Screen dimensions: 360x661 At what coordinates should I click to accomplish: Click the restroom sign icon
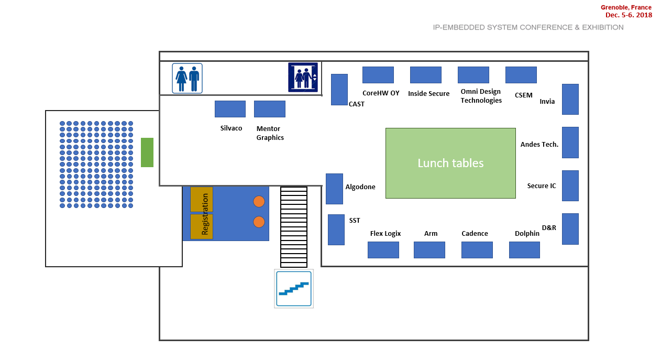pyautogui.click(x=188, y=78)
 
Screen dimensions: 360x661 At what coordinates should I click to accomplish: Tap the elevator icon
pyautogui.click(x=303, y=77)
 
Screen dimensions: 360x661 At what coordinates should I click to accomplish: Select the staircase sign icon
pyautogui.click(x=294, y=288)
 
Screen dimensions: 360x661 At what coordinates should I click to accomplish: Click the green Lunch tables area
pyautogui.click(x=450, y=163)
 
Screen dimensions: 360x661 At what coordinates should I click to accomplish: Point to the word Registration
pyautogui.click(x=205, y=214)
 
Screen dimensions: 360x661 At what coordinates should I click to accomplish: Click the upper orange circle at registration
pyautogui.click(x=259, y=202)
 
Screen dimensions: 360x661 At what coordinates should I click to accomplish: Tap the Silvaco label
pyautogui.click(x=231, y=128)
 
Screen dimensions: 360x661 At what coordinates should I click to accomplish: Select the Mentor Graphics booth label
pyautogui.click(x=270, y=133)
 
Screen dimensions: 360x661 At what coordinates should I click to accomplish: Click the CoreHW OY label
pyautogui.click(x=381, y=93)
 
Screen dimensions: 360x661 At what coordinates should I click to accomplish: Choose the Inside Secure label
pyautogui.click(x=428, y=94)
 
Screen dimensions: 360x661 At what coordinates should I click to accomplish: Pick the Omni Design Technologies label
pyautogui.click(x=481, y=96)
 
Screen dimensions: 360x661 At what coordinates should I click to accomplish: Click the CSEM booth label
pyautogui.click(x=523, y=95)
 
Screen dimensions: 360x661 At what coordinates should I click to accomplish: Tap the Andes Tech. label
pyautogui.click(x=539, y=145)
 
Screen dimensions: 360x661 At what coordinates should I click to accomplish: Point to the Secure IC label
pyautogui.click(x=542, y=186)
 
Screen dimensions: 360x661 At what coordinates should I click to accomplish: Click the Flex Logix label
pyautogui.click(x=385, y=234)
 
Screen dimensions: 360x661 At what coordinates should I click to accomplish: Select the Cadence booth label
pyautogui.click(x=475, y=234)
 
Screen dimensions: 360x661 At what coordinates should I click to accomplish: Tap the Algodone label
pyautogui.click(x=360, y=187)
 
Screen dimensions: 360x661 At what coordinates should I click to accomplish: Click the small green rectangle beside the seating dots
pyautogui.click(x=147, y=152)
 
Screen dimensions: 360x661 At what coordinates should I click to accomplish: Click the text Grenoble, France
pyautogui.click(x=626, y=7)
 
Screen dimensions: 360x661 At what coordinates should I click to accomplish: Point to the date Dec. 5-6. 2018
pyautogui.click(x=629, y=15)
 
